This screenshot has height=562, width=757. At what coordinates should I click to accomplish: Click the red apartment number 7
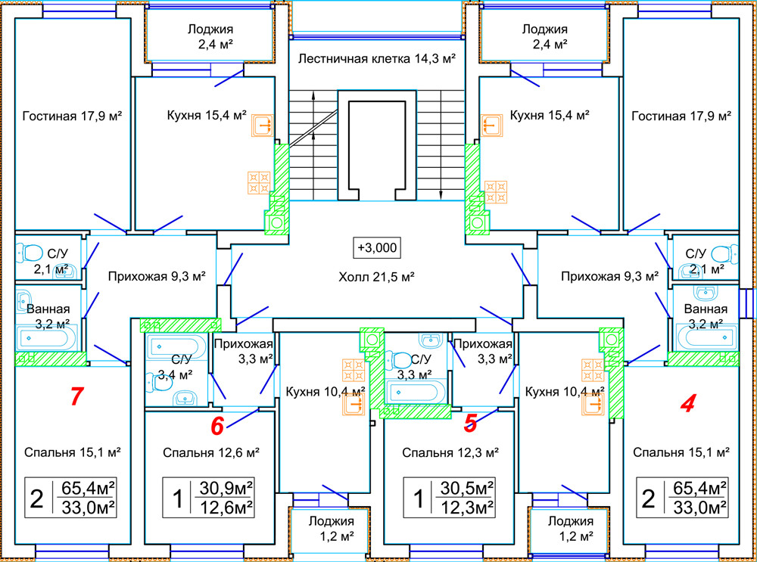point(75,396)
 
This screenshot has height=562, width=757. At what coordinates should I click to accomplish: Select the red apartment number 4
point(687,404)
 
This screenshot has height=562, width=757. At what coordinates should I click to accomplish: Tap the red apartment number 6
point(217,426)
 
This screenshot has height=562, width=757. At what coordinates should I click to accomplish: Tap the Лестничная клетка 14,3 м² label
point(376,58)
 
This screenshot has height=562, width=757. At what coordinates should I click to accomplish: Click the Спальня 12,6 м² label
point(211,453)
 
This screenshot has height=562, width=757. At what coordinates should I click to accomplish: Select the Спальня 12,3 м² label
point(450,453)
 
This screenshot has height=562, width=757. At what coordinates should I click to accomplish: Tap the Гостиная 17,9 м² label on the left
point(73,116)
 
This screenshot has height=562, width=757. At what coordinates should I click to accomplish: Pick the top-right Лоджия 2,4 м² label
point(544,37)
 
